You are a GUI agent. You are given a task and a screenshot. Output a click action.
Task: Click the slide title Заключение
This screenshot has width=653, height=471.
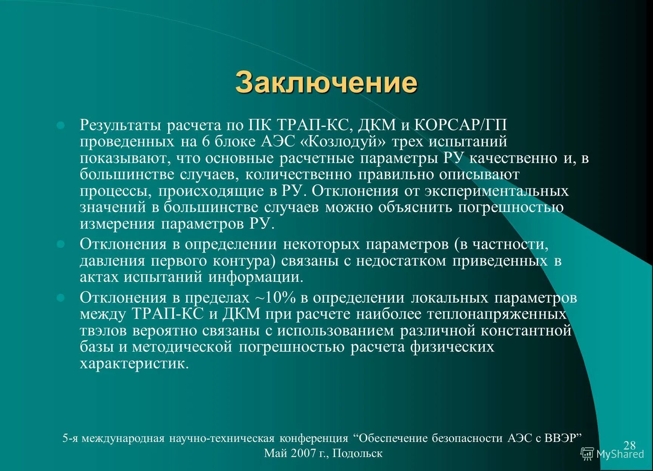tap(326, 82)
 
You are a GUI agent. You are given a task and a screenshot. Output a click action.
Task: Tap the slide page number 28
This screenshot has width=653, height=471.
tap(630, 445)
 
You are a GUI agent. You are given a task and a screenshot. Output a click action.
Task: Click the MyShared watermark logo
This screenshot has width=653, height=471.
tap(612, 454)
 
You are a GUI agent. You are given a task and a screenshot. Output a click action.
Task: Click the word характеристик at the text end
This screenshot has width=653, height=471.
tap(134, 364)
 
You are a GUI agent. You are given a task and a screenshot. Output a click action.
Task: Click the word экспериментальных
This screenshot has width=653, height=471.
tap(496, 191)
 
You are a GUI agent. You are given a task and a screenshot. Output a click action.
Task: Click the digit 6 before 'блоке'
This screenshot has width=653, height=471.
tap(206, 142)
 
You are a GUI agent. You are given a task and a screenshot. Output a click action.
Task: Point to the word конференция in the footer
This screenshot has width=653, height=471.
tap(314, 438)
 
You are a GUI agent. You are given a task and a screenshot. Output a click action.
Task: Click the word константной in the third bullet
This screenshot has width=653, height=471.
tap(526, 331)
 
